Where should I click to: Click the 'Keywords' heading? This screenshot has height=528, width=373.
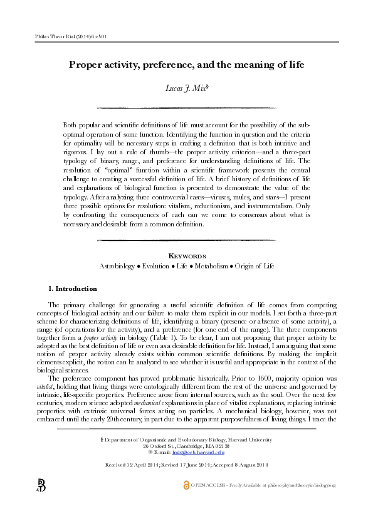pos(186,256)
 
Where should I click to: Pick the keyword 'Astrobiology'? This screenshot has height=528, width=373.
pos(121,266)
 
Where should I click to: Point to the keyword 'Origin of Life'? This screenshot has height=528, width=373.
pos(253,266)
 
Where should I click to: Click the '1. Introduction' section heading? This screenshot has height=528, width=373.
pos(73,288)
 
